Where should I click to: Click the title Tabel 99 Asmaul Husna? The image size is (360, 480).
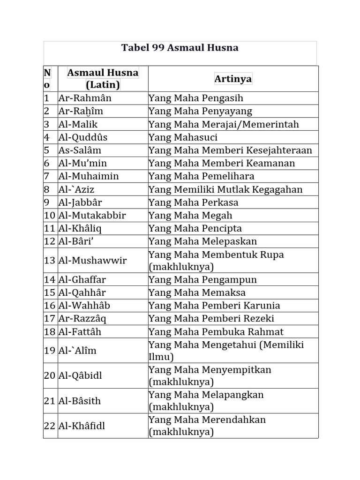(x=180, y=48)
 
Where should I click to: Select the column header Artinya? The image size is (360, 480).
(x=233, y=79)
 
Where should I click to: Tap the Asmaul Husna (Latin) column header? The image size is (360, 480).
(x=103, y=79)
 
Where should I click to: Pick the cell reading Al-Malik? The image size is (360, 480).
(x=78, y=124)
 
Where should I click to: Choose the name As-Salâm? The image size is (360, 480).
(x=80, y=150)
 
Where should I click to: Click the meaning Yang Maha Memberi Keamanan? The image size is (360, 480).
(x=222, y=163)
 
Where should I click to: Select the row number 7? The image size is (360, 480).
(x=46, y=176)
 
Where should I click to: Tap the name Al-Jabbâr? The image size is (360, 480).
(x=80, y=202)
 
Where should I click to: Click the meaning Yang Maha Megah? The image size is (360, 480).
(x=190, y=216)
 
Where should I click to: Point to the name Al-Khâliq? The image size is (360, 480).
(x=80, y=229)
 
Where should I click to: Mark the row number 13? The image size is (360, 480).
(x=50, y=261)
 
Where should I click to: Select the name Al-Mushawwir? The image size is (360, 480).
(x=92, y=261)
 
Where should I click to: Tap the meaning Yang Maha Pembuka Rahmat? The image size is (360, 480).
(x=216, y=332)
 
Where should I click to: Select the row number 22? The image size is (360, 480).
(x=50, y=426)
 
